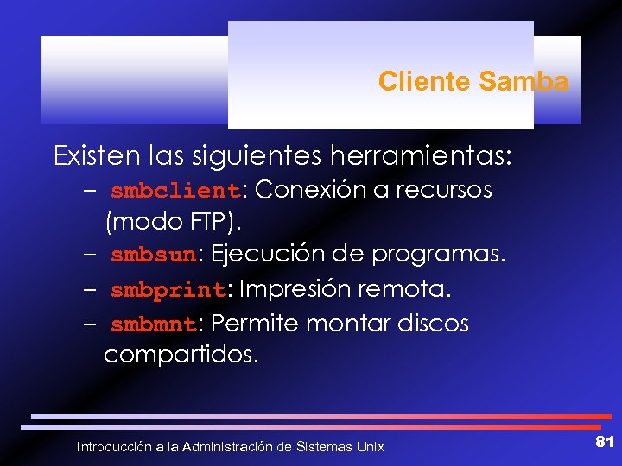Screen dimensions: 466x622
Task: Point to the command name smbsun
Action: [154, 256]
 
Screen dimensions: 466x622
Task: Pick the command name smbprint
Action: [168, 290]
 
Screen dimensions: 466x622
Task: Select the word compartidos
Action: [181, 355]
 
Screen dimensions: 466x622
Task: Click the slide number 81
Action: [604, 442]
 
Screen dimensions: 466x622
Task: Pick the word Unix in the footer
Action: [370, 447]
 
